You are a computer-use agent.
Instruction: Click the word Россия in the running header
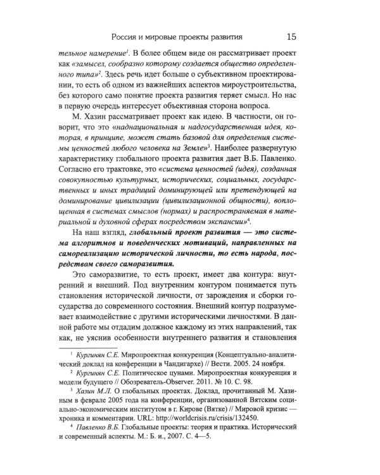click(127, 37)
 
